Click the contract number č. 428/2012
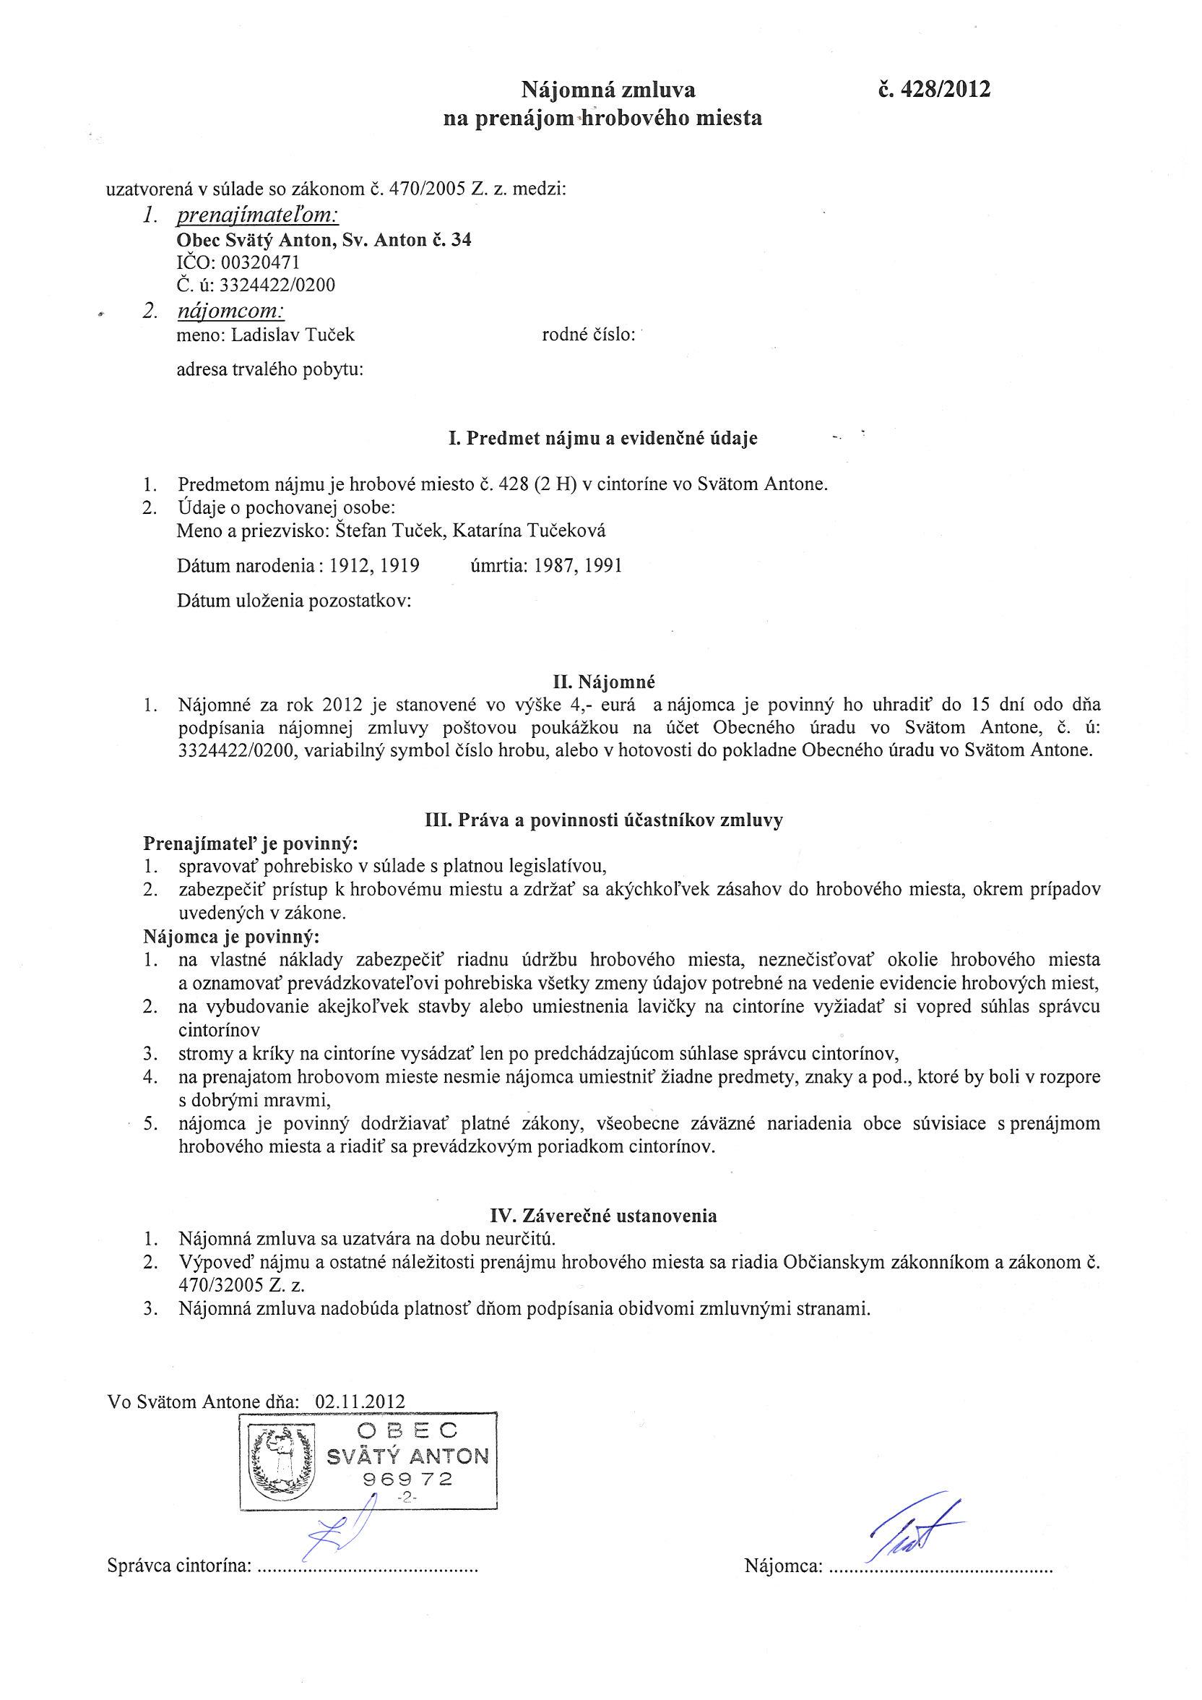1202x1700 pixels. coord(933,90)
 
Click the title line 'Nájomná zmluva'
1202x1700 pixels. coord(608,90)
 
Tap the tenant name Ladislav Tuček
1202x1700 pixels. coord(293,335)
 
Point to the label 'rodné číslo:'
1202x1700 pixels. coord(589,335)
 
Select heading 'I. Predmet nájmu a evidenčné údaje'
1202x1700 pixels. coord(602,438)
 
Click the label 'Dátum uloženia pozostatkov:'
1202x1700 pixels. coord(294,601)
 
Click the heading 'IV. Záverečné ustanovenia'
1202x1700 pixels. coord(603,1216)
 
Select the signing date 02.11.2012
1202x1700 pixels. coord(360,1401)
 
